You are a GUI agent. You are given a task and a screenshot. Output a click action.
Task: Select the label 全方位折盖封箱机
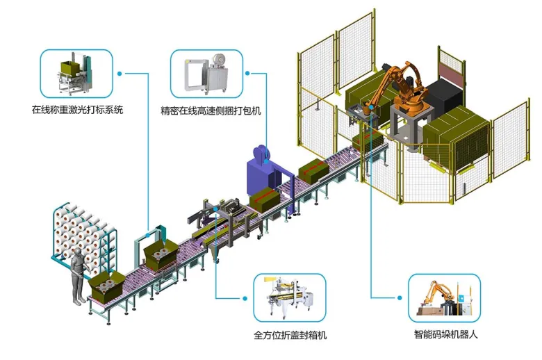tap(290, 336)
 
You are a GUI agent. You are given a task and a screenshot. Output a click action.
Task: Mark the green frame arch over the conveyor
tap(164, 240)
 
